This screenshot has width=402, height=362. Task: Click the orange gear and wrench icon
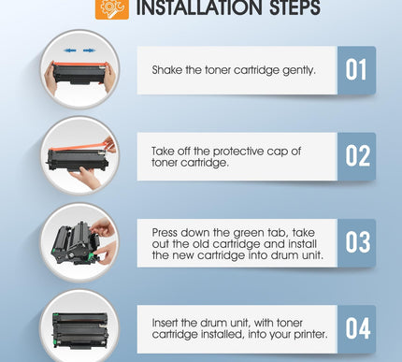pos(112,8)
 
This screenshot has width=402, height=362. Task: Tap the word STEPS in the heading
pos(294,7)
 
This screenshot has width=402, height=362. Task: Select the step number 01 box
pos(356,70)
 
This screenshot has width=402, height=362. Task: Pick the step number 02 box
pos(356,156)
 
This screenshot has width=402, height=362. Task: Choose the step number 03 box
pos(356,243)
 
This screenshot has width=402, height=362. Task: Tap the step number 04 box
pos(356,329)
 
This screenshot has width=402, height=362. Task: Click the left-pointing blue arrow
pos(70,51)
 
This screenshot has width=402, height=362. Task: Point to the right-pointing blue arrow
pos(90,51)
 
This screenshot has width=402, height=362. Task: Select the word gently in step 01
pos(299,70)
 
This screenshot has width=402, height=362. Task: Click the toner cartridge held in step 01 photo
pos(80,73)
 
